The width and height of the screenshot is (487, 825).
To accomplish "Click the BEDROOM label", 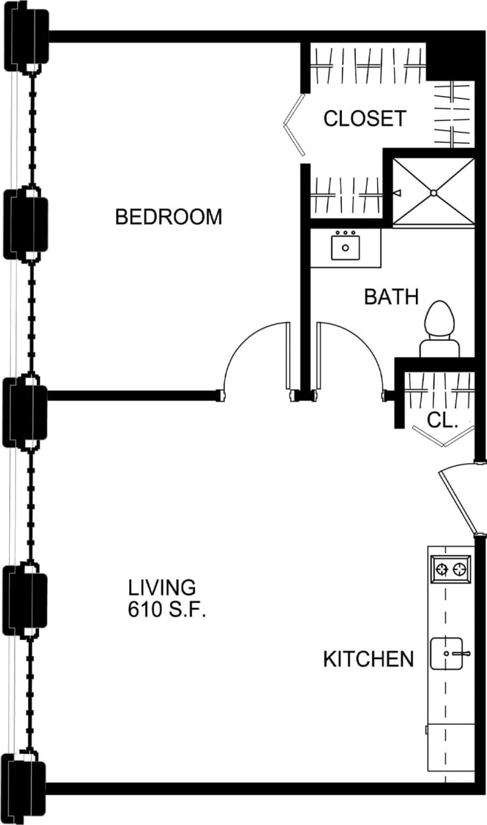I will (169, 217).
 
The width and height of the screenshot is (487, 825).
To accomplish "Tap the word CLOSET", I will (364, 119).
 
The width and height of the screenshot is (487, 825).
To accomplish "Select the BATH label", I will (391, 297).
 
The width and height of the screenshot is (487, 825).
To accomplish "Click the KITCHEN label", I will (368, 659).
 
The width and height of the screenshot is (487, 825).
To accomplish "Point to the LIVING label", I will (162, 587).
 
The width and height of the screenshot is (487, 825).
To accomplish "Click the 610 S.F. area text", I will (167, 610).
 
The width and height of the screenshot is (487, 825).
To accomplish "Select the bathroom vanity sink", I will (345, 247).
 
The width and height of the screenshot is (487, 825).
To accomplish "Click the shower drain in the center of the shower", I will (434, 193).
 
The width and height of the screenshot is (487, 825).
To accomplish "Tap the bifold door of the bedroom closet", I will (293, 125).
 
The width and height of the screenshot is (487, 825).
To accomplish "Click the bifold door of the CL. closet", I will (443, 437).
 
